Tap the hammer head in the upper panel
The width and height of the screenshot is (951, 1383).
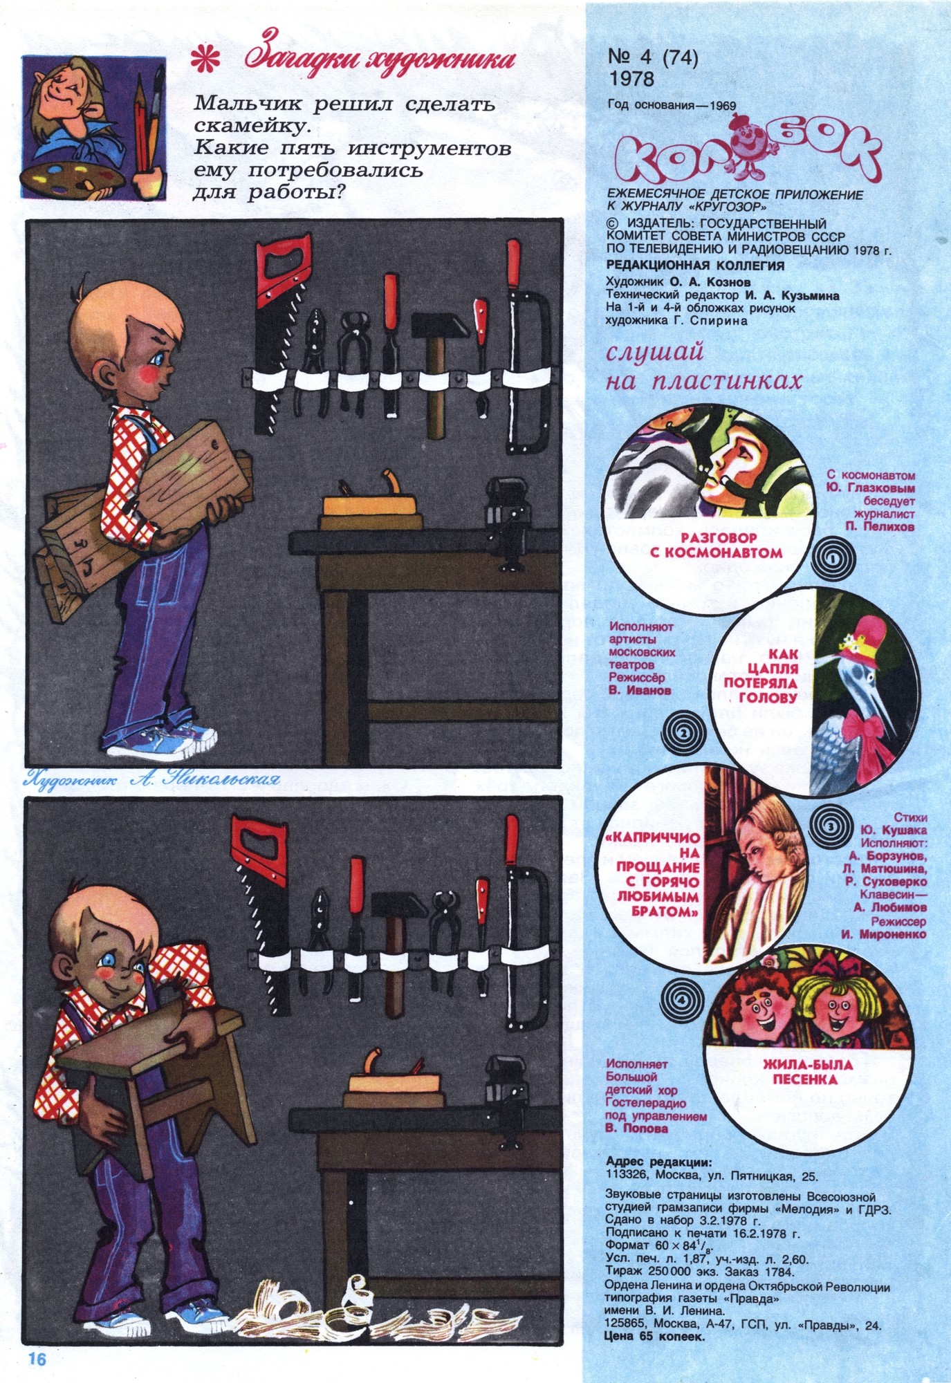434,324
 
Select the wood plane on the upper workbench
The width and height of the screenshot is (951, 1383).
372,500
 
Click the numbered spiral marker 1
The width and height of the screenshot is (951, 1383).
833,555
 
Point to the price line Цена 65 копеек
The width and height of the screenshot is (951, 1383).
654,1337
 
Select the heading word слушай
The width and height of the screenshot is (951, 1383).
653,352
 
